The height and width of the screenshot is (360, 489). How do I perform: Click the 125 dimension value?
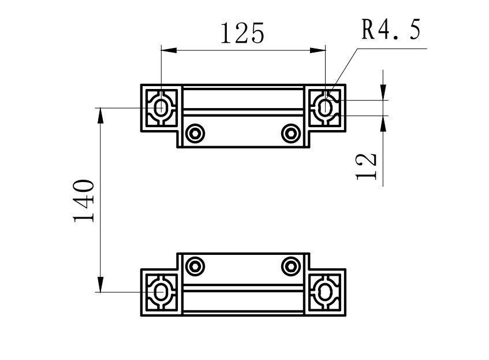tap(242, 33)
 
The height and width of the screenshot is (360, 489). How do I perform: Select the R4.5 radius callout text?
tap(391, 29)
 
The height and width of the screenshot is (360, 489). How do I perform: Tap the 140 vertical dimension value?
tap(84, 201)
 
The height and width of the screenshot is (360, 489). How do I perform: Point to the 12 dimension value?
tap(367, 166)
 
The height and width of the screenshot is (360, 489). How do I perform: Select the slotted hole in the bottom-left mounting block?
tap(162, 292)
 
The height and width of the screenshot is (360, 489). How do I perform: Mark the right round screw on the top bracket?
tap(290, 133)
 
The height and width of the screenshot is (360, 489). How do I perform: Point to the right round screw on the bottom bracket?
tap(290, 266)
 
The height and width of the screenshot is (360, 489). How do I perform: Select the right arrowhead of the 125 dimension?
tap(318, 50)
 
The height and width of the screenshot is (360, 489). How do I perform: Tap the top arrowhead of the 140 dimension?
tap(101, 116)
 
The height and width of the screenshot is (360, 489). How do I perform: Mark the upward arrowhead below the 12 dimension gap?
tap(383, 123)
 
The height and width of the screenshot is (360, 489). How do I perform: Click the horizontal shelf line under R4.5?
tap(393, 49)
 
